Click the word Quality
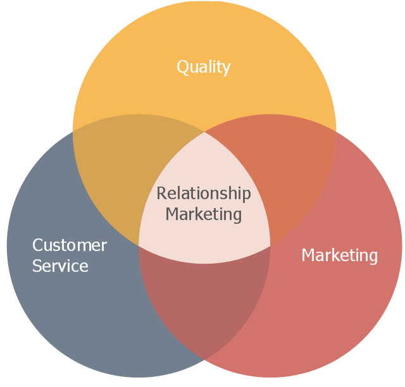click(x=203, y=67)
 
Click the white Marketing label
click(x=339, y=255)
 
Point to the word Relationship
click(x=204, y=193)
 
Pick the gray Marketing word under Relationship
click(x=204, y=214)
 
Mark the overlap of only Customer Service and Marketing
click(x=204, y=304)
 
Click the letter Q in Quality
click(x=182, y=67)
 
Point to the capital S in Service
click(x=37, y=266)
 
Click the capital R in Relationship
click(x=161, y=193)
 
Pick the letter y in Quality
click(x=227, y=69)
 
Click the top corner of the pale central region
click(x=204, y=132)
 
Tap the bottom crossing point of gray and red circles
click(x=204, y=360)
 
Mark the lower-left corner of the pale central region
click(x=139, y=245)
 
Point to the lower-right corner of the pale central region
click(x=270, y=245)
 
